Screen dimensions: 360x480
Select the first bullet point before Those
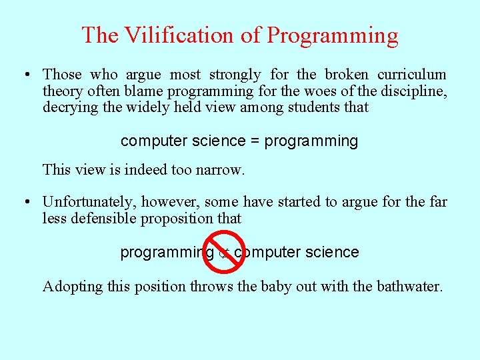[x=25, y=75]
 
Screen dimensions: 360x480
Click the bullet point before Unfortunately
[x=25, y=202]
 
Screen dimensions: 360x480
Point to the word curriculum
[x=413, y=75]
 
